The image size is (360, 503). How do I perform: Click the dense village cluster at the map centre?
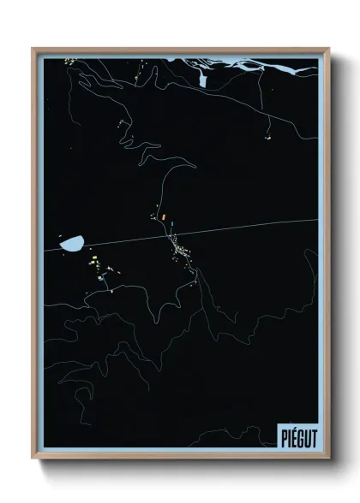coord(183,251)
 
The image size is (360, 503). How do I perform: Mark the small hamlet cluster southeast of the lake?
coord(93,266)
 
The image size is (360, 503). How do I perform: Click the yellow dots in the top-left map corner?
coord(69,61)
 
